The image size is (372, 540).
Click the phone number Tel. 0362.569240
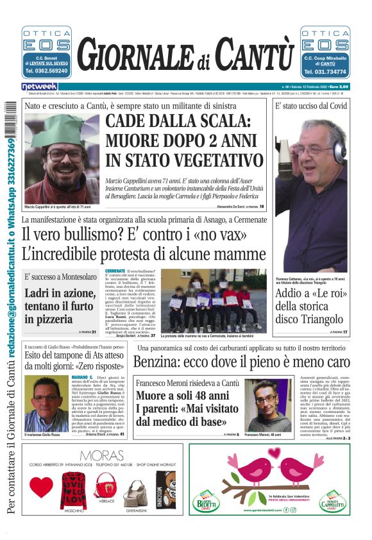click(x=46, y=71)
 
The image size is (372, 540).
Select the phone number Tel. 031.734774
click(x=325, y=71)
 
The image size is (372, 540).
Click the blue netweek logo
click(x=39, y=86)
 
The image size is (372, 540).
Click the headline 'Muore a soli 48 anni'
click(x=182, y=396)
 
